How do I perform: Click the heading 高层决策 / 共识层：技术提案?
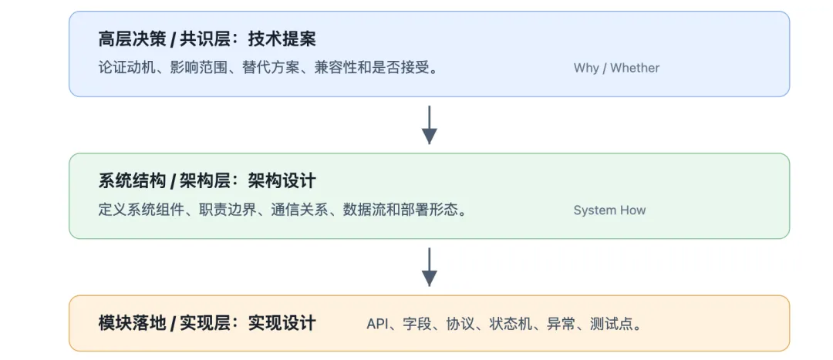(x=207, y=39)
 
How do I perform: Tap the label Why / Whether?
(x=616, y=68)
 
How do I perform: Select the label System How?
(x=609, y=210)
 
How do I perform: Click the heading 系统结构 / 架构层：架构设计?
(x=207, y=181)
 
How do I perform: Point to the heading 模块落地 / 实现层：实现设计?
(x=207, y=323)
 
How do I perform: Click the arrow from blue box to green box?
(x=430, y=125)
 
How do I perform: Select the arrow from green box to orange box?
(x=430, y=267)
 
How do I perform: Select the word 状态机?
(x=511, y=324)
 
